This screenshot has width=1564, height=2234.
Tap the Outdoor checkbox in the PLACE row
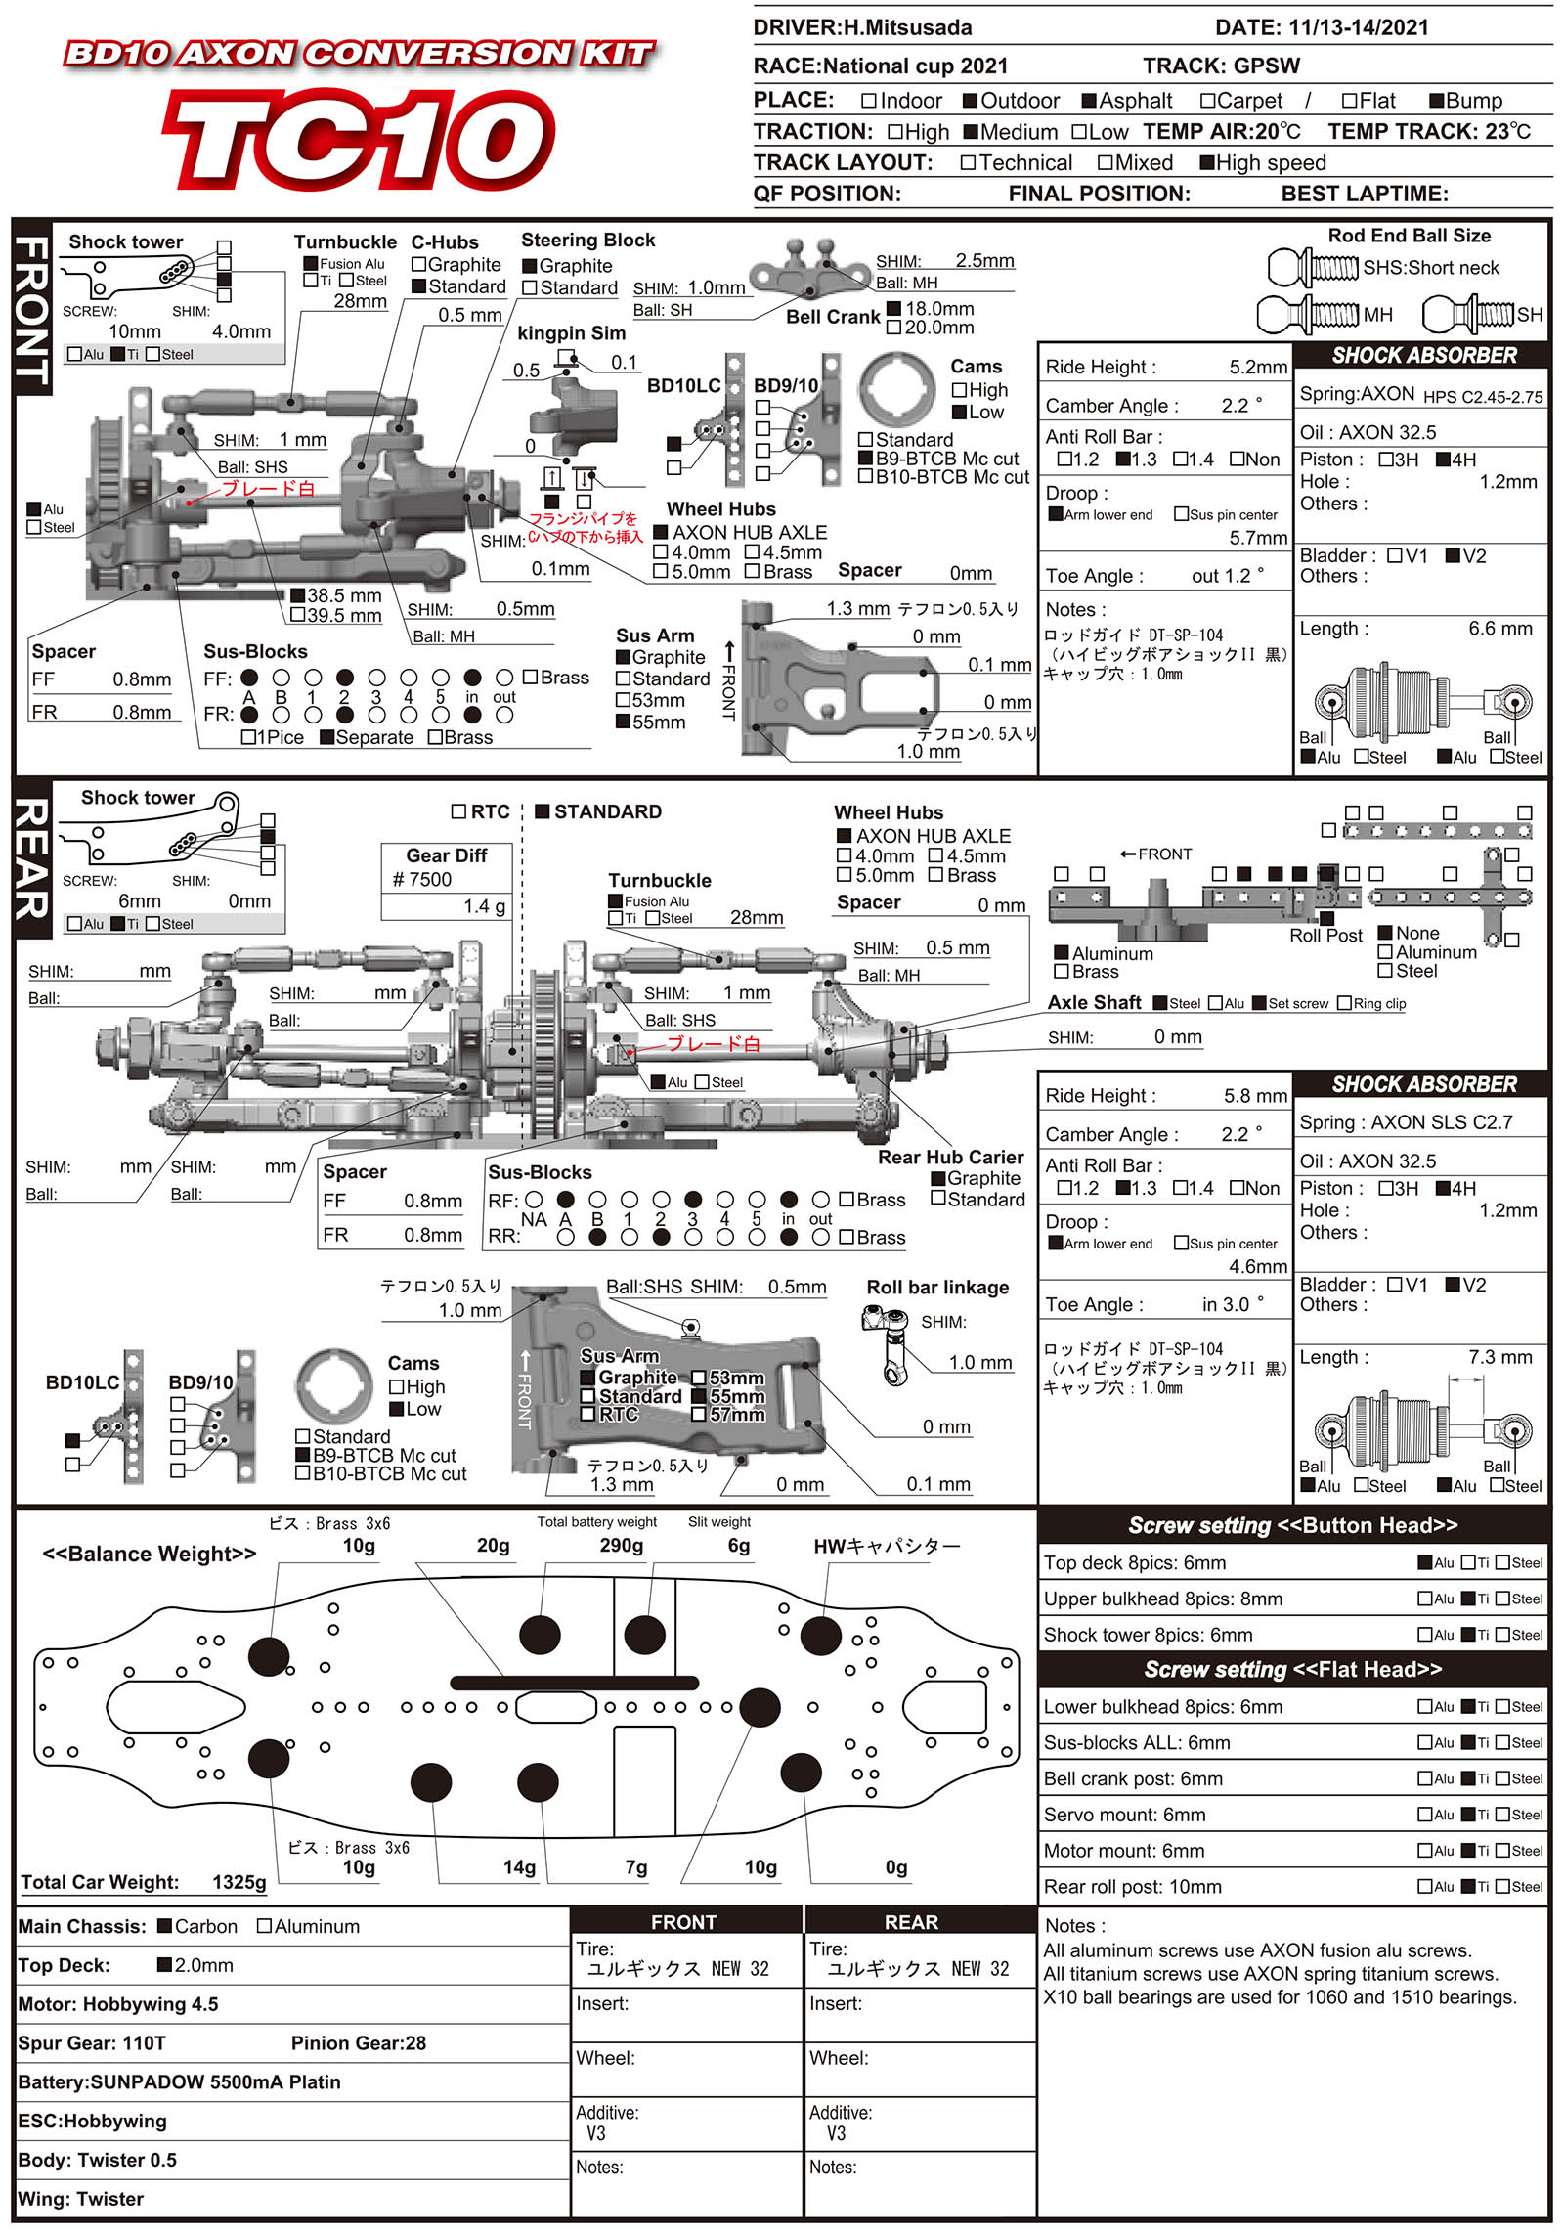click(x=971, y=101)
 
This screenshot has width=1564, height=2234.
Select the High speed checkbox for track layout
click(x=1207, y=163)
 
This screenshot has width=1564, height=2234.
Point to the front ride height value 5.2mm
click(x=1258, y=368)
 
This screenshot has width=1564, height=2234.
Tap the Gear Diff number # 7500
click(x=422, y=879)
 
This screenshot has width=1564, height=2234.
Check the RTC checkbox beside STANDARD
click(x=458, y=811)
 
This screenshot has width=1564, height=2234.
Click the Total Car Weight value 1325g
click(x=239, y=1882)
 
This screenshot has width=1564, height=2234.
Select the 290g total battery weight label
click(x=622, y=1545)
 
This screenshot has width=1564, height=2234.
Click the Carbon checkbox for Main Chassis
click(x=164, y=1926)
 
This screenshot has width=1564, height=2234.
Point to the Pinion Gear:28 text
click(x=359, y=2043)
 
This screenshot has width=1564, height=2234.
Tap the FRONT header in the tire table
click(x=684, y=1922)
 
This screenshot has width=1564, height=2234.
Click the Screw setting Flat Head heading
click(x=1292, y=1669)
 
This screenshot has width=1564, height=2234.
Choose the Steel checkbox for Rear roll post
click(x=1502, y=1886)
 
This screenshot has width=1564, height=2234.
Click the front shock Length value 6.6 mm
click(x=1499, y=629)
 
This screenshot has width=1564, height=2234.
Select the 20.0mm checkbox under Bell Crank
click(x=893, y=328)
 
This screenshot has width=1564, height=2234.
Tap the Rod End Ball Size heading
click(x=1409, y=236)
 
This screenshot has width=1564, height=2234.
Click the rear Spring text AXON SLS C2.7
click(x=1442, y=1122)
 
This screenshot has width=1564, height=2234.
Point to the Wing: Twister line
click(x=81, y=2199)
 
